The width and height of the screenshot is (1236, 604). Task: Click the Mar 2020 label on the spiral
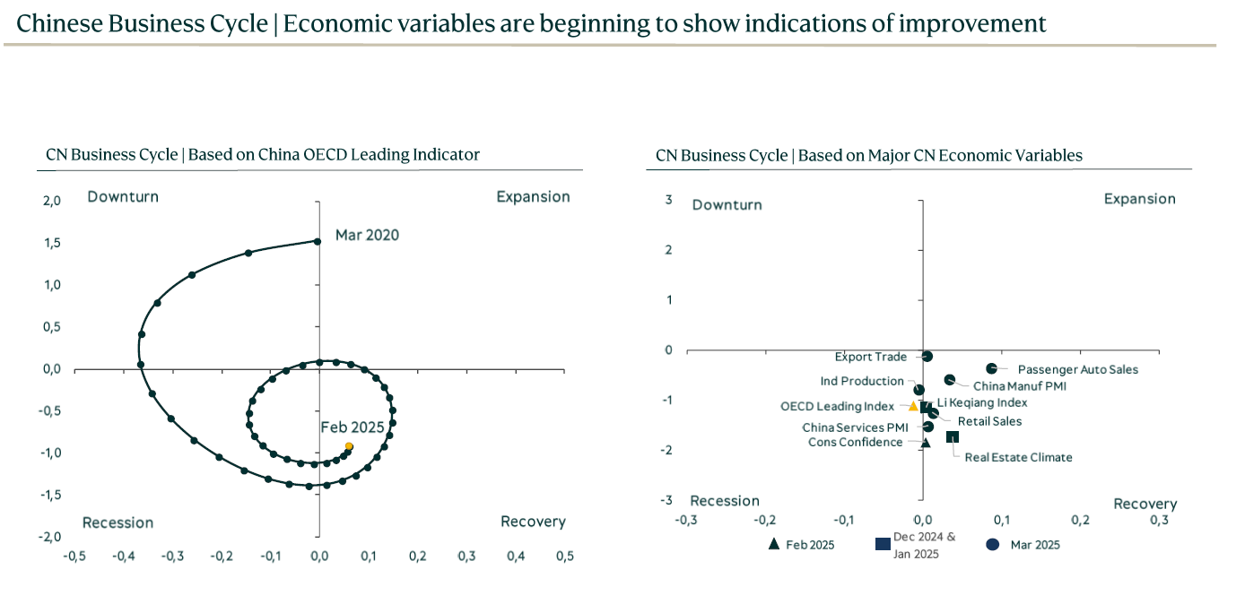point(367,236)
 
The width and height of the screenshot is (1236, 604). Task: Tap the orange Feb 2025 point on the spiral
point(349,446)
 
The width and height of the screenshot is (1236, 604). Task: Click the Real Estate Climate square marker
point(953,436)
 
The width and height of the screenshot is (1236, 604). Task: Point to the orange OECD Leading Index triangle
point(913,406)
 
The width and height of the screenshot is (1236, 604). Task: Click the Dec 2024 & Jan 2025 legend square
point(883,544)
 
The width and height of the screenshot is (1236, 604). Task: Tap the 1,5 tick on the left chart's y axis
point(52,243)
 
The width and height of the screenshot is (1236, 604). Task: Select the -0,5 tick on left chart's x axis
point(74,557)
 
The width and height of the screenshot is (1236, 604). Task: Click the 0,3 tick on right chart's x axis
point(1160,520)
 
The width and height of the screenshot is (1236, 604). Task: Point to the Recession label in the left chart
point(118,522)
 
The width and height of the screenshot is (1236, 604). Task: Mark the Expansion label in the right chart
point(1139,199)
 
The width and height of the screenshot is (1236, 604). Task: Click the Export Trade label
point(871,357)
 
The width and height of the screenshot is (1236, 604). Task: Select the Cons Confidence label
point(855,442)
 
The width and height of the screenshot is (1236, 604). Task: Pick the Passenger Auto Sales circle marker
point(991,368)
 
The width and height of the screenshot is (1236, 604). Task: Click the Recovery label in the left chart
point(533,522)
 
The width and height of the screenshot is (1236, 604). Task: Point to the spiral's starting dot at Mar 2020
point(318,240)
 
